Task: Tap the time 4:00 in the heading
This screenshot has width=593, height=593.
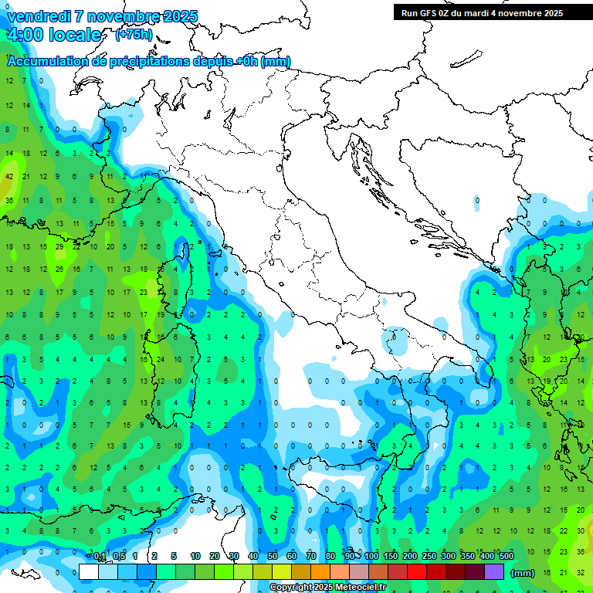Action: pyautogui.click(x=24, y=35)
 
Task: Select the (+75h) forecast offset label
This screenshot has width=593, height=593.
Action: pyautogui.click(x=134, y=35)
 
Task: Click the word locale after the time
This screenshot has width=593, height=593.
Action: pyautogui.click(x=75, y=35)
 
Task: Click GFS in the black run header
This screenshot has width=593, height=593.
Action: pyautogui.click(x=429, y=13)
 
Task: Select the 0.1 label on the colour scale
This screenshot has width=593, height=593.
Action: pyautogui.click(x=100, y=556)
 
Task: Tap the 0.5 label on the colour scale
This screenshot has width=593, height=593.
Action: pyautogui.click(x=119, y=556)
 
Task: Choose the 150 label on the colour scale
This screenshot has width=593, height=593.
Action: pyautogui.click(x=391, y=556)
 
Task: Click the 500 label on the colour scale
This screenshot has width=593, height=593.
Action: pyautogui.click(x=507, y=556)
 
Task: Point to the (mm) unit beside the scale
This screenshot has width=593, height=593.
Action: pyautogui.click(x=523, y=572)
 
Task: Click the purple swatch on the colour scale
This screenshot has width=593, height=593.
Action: pyautogui.click(x=494, y=571)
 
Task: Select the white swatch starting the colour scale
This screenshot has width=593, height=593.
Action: pyautogui.click(x=89, y=571)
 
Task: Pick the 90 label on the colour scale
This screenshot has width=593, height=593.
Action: pyautogui.click(x=350, y=556)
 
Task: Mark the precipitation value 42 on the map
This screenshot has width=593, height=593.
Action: pyautogui.click(x=9, y=176)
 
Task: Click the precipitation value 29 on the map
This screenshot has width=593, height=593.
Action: pyautogui.click(x=59, y=246)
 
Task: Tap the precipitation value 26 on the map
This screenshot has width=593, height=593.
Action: pyautogui.click(x=59, y=269)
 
